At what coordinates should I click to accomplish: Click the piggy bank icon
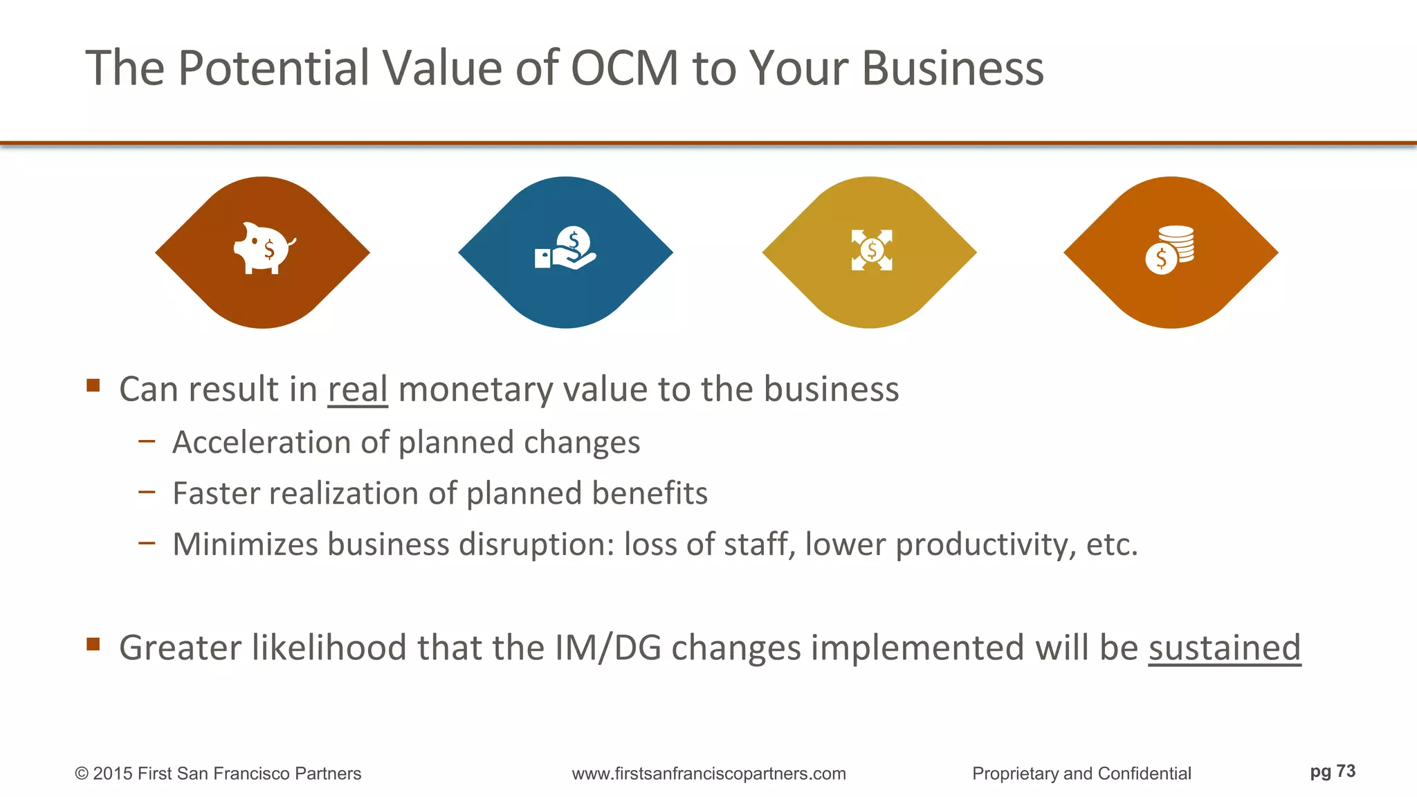(264, 248)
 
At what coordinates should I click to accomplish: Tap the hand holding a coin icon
(566, 248)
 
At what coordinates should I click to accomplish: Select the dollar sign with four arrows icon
(871, 250)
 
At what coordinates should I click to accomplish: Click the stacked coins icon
(1170, 250)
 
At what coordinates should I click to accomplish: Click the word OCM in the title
(624, 68)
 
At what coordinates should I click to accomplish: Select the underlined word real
(357, 390)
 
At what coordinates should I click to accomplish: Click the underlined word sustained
(1224, 648)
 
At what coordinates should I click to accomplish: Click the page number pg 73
(1332, 771)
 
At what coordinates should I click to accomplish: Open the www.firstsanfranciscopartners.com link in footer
(708, 773)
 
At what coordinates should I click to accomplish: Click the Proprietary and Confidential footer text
(1081, 773)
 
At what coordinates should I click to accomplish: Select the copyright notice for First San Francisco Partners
(218, 773)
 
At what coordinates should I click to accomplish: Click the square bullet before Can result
(93, 385)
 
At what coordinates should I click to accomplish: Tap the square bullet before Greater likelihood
(93, 645)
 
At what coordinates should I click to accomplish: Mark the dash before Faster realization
(147, 492)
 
